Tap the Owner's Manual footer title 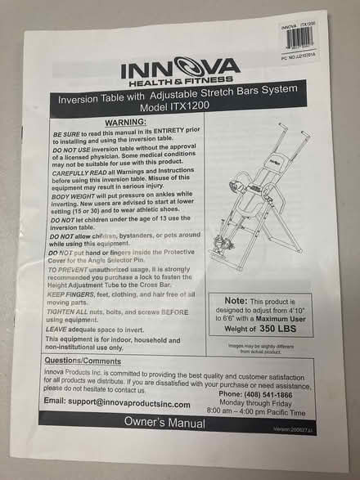(x=164, y=422)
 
